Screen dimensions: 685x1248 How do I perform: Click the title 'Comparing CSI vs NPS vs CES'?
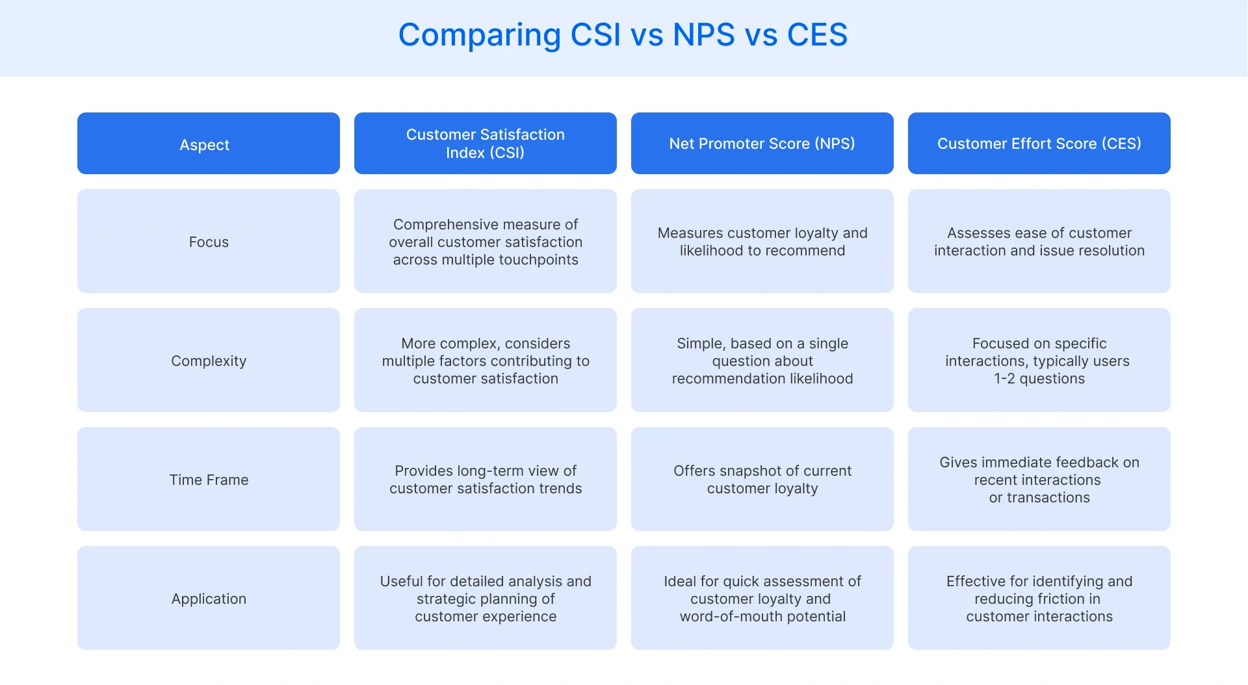pos(623,35)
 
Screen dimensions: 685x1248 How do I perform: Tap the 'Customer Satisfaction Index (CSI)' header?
pos(485,144)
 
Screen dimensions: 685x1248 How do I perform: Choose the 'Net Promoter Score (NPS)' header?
pos(762,144)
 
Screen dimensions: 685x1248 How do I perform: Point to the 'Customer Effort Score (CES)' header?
pos(1039,144)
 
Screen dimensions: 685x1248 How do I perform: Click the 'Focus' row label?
pos(209,242)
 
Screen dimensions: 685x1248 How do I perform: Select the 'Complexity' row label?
pos(209,361)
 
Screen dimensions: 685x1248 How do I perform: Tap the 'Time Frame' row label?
pos(209,480)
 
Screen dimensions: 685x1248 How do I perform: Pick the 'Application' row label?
pos(209,599)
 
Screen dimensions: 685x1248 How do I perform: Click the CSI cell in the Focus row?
pos(486,242)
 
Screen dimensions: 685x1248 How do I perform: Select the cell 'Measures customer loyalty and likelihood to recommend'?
pos(762,242)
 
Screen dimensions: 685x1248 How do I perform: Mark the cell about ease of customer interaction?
pos(1039,242)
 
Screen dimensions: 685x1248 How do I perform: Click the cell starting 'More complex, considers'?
pos(486,361)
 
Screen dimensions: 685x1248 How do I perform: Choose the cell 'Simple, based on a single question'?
pos(762,361)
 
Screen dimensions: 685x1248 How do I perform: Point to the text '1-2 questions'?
pos(1039,379)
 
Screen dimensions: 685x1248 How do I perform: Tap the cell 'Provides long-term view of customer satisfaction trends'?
pos(486,480)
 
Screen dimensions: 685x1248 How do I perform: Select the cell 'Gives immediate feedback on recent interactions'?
pos(1039,480)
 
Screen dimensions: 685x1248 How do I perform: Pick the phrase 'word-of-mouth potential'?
pos(762,617)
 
